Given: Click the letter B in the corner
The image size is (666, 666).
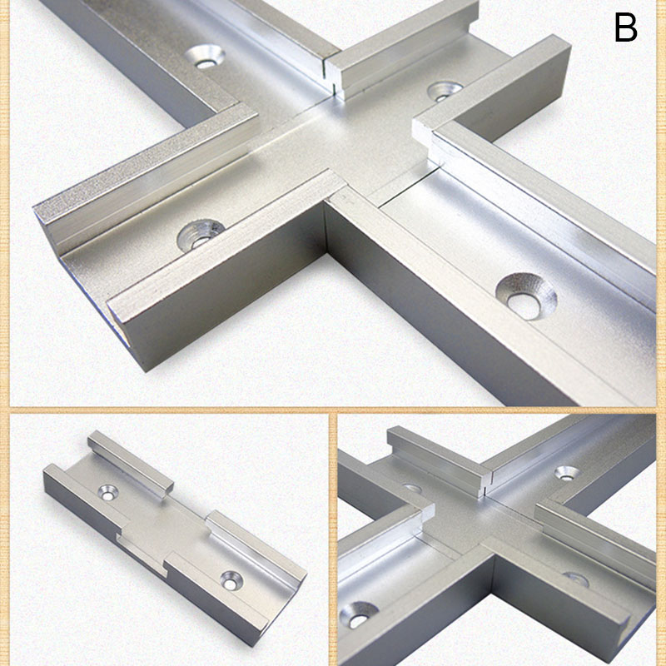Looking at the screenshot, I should [626, 27].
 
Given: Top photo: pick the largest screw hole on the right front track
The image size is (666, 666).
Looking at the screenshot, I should [526, 295].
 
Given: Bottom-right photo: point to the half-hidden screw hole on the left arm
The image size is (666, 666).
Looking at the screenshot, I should [410, 488].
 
